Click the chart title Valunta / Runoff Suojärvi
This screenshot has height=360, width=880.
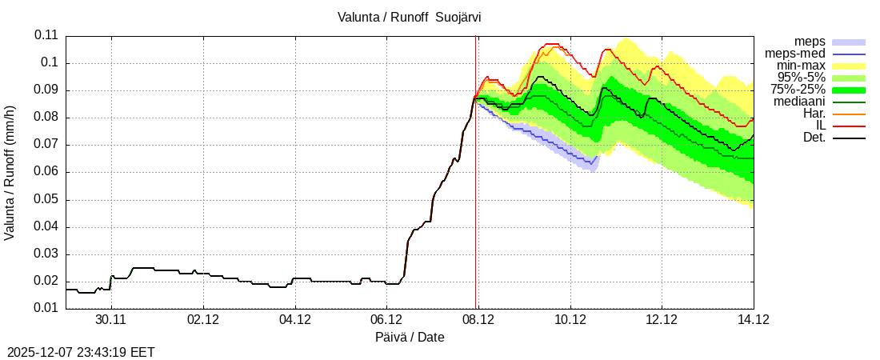pos(409,16)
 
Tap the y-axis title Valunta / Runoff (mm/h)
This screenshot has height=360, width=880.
pos(10,173)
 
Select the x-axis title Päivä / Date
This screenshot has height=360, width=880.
pos(410,338)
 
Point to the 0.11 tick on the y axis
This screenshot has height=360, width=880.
pos(46,35)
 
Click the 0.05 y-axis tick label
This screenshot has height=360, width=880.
pos(46,199)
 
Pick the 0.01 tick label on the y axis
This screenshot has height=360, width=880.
pos(46,309)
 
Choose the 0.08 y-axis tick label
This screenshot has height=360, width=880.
pos(46,118)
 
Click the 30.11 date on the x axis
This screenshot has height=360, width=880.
pos(111,320)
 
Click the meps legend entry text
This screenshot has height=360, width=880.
pos(810,42)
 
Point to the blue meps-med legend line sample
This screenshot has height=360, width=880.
pos(849,54)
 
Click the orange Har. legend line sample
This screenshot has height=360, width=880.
pos(849,114)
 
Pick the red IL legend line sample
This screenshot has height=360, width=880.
pos(849,126)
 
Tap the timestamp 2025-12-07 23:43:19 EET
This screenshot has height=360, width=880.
pos(81,352)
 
